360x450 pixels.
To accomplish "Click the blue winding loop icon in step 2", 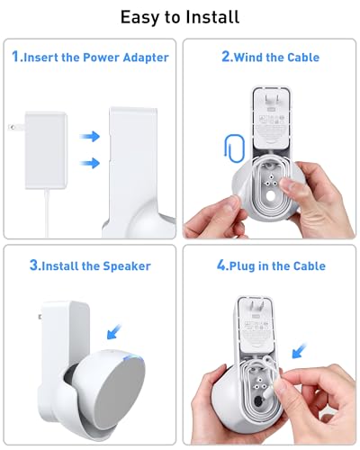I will pos(221,150).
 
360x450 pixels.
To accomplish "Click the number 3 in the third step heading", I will pos(33,265).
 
